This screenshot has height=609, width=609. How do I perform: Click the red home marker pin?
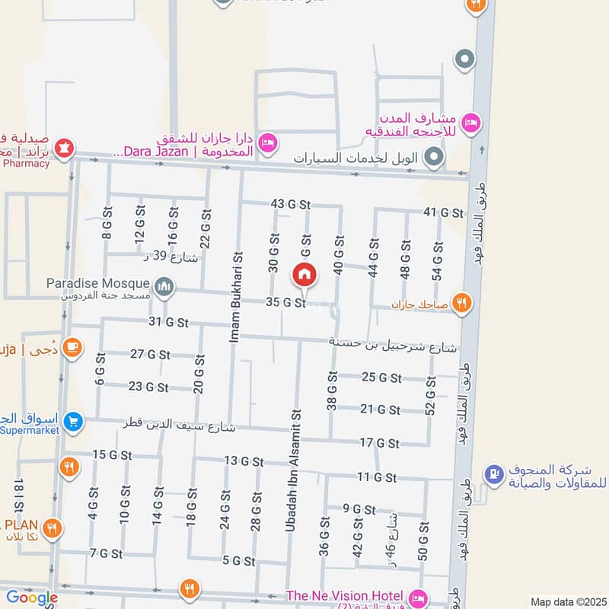coord(304,273)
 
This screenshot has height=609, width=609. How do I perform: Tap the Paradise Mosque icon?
coord(164,287)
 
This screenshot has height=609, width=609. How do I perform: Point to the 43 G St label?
coord(291,204)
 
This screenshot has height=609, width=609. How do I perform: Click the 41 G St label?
coord(444,212)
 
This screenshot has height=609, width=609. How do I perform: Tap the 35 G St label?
coord(285,302)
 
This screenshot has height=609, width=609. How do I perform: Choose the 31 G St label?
coord(168,322)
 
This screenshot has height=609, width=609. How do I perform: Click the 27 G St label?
coord(150,354)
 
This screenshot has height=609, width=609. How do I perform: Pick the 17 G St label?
coord(379,442)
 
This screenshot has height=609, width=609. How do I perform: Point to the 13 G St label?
coord(244,461)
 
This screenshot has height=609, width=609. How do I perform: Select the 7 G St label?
coord(106,553)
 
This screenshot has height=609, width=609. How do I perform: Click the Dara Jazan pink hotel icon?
coord(267,142)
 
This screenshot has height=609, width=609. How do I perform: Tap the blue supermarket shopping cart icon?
coord(74,421)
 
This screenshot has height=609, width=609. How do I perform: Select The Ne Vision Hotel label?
coord(345,595)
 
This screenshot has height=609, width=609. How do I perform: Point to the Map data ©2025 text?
coord(567,601)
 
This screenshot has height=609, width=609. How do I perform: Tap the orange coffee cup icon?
coord(72,347)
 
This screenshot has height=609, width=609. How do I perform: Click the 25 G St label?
coord(381,378)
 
